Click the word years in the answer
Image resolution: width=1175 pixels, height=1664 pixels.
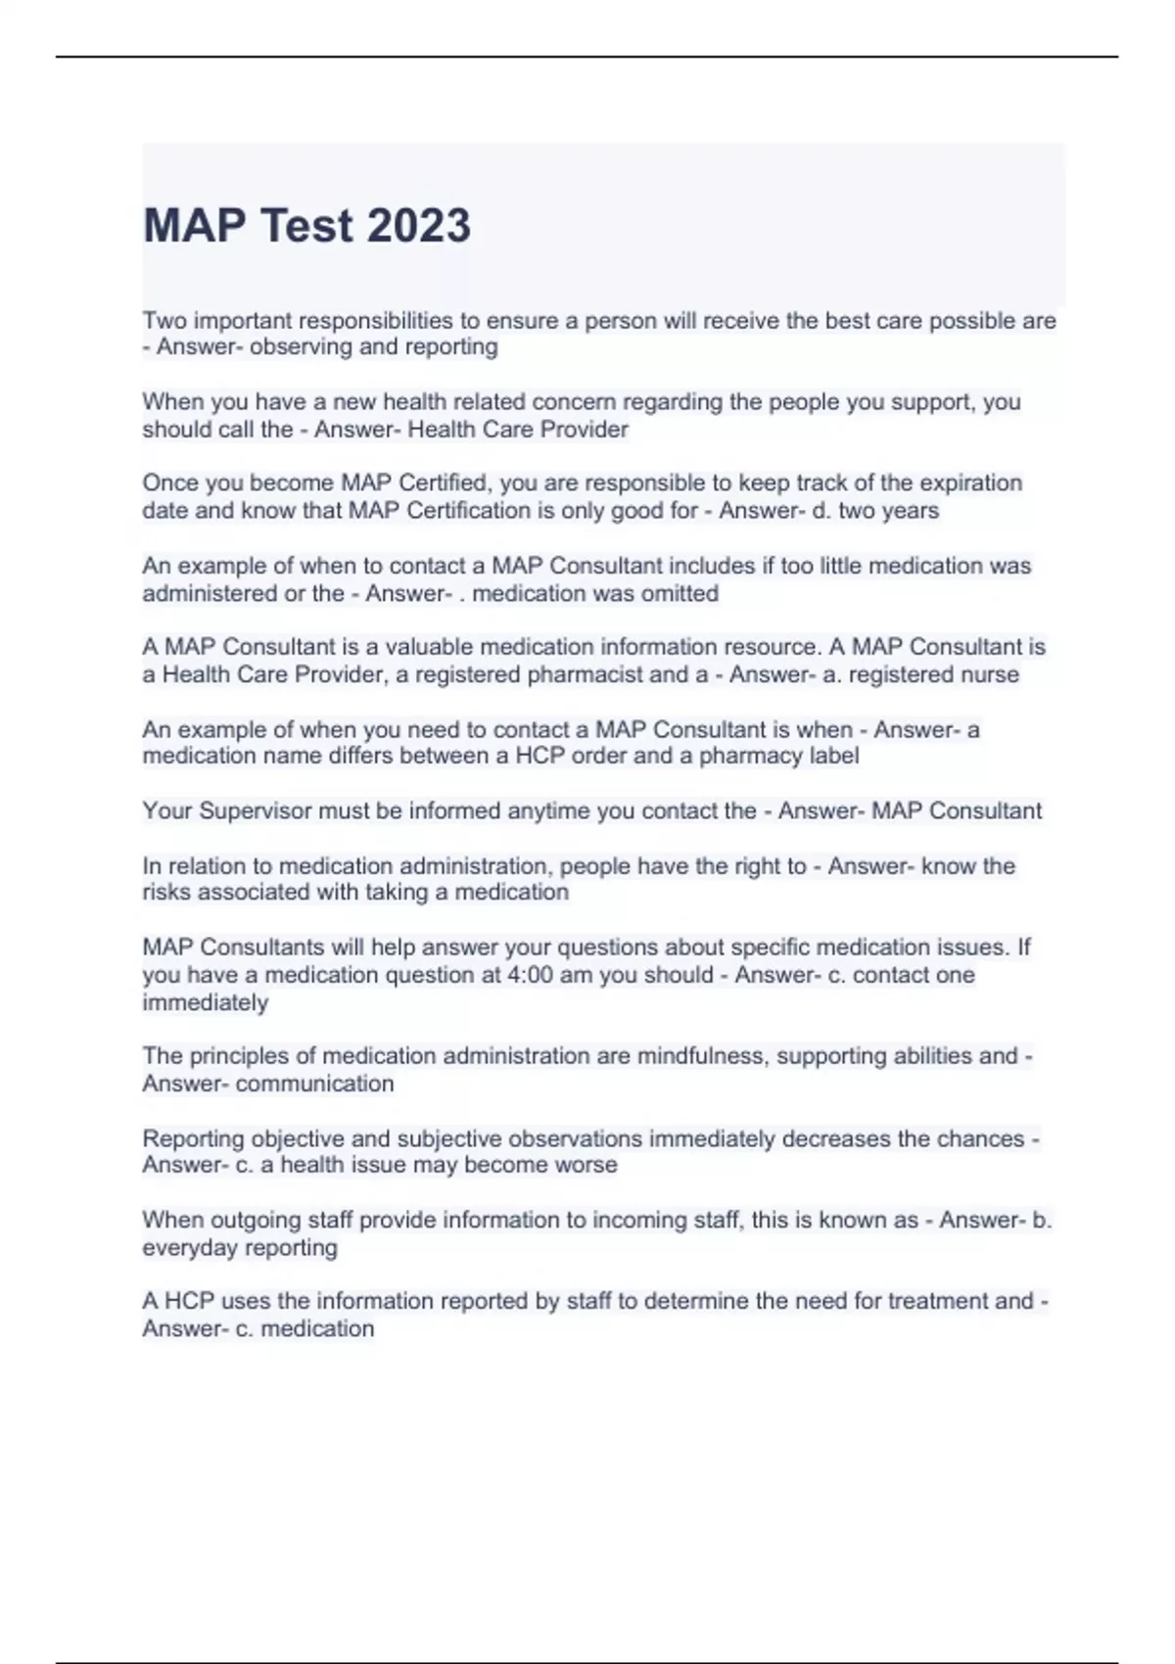click(910, 510)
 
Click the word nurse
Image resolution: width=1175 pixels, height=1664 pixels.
click(989, 674)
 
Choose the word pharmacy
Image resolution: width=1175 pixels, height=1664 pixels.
click(750, 756)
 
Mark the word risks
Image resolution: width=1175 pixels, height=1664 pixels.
click(166, 892)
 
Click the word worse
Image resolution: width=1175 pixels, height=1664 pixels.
click(585, 1165)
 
